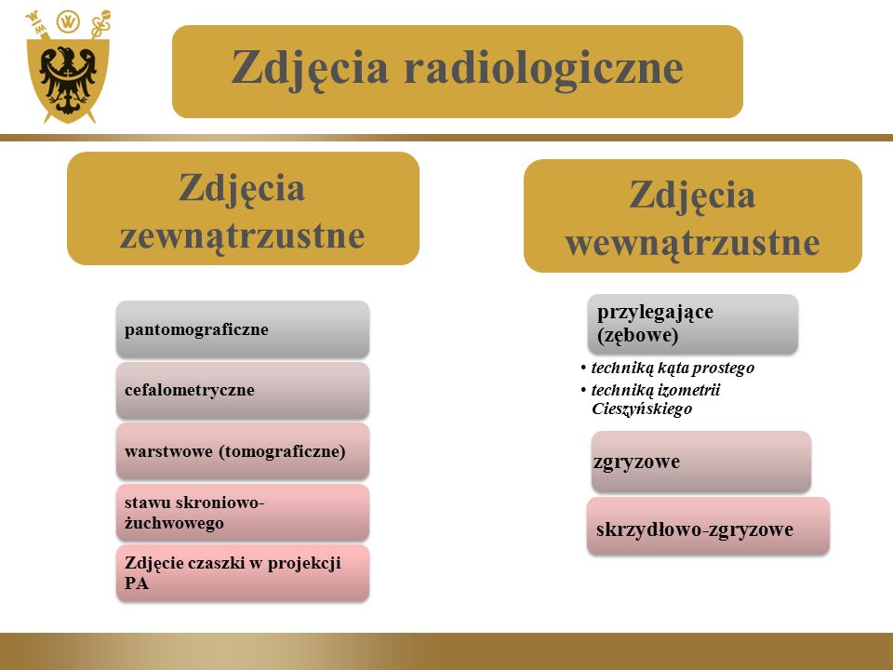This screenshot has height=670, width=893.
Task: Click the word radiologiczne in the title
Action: [543, 69]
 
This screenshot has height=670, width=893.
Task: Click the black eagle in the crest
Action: [68, 78]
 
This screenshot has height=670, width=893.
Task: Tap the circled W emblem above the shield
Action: [68, 22]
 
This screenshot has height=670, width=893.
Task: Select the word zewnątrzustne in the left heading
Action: [242, 235]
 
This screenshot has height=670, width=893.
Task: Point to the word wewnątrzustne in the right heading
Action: [692, 243]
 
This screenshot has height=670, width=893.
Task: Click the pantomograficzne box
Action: [243, 329]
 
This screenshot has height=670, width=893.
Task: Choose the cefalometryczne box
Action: [243, 390]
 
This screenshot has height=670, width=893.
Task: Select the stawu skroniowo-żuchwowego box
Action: [243, 512]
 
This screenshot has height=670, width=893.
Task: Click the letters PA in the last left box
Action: [137, 583]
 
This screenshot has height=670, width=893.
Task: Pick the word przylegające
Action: [655, 313]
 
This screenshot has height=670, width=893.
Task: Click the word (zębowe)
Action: [638, 335]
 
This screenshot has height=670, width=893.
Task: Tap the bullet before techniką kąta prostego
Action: [583, 368]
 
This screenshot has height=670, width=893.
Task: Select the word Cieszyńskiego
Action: [642, 409]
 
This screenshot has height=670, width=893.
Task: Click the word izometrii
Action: [688, 390]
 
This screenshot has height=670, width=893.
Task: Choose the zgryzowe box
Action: [701, 462]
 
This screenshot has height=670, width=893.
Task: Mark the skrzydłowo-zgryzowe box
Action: [708, 526]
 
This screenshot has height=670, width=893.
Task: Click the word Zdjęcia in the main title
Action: [310, 69]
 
